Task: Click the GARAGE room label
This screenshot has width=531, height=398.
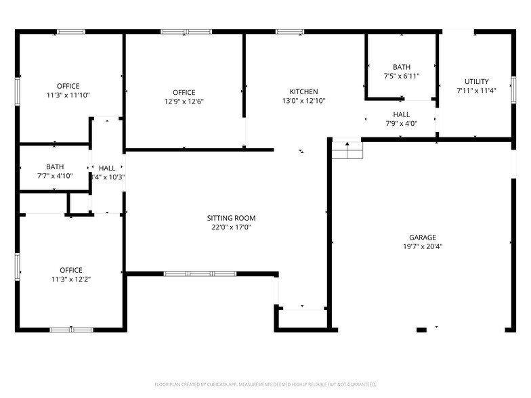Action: tap(422, 238)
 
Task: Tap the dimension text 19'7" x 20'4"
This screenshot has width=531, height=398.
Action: tap(422, 246)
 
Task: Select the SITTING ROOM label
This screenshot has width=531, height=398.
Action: tap(231, 218)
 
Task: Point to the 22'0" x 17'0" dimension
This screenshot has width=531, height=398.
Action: tap(231, 227)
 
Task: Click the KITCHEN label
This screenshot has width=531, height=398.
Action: tap(303, 91)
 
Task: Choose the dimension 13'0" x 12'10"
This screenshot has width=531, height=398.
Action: tap(303, 101)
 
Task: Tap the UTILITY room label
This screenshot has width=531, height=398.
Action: tap(476, 81)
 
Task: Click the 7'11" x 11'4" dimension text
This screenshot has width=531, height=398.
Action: tap(476, 91)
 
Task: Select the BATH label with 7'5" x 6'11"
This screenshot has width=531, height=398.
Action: tap(401, 67)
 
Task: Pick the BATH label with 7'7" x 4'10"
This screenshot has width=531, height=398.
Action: tap(55, 167)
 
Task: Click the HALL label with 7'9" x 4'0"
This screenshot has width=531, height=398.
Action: tap(401, 114)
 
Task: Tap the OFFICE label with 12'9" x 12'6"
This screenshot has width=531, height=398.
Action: tap(184, 92)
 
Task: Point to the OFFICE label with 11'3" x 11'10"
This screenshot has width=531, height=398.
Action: tap(68, 86)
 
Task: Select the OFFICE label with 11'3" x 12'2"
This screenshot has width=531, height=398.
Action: tap(70, 270)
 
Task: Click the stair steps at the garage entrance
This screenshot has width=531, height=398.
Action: tap(347, 148)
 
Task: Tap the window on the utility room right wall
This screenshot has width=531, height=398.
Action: tap(513, 89)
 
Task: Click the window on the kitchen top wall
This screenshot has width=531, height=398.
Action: tap(289, 31)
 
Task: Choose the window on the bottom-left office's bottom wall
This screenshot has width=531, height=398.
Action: tap(71, 330)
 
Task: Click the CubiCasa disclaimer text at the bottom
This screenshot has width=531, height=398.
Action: tap(265, 384)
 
